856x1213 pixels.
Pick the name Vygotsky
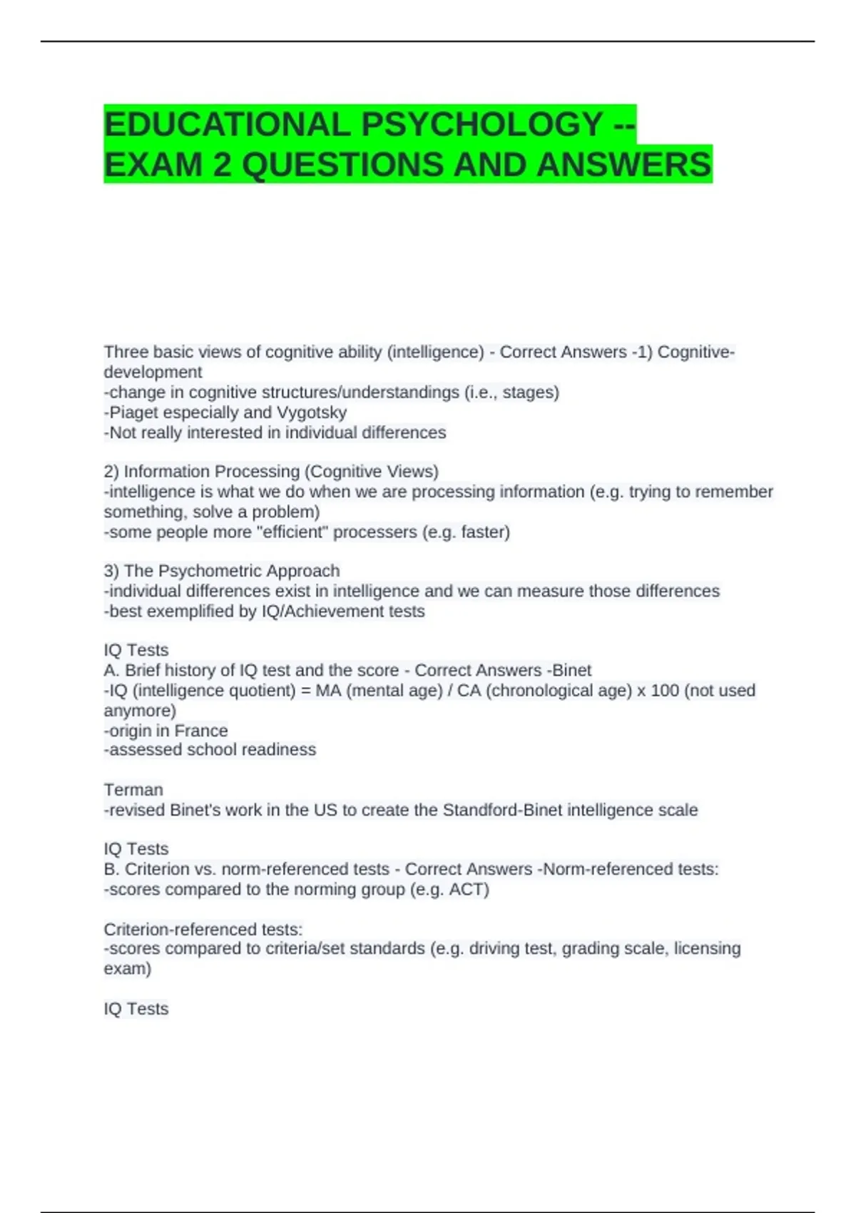click(312, 412)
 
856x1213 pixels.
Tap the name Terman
click(133, 790)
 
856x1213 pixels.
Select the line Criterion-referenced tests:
click(203, 929)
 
